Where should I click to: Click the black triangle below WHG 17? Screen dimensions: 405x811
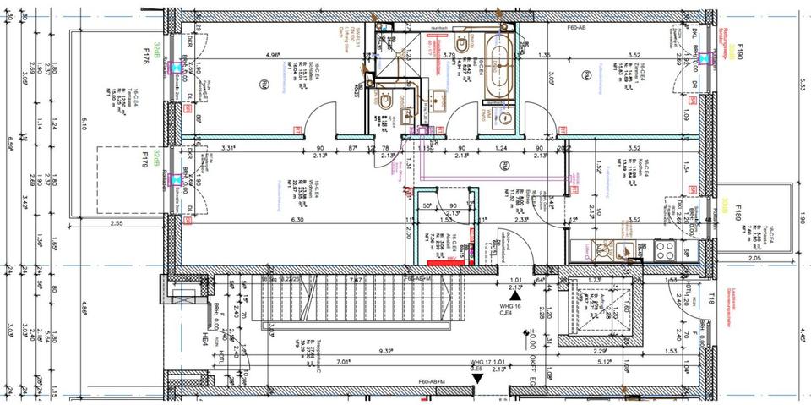pos(478,378)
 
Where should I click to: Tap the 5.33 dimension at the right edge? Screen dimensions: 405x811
pos(803,85)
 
